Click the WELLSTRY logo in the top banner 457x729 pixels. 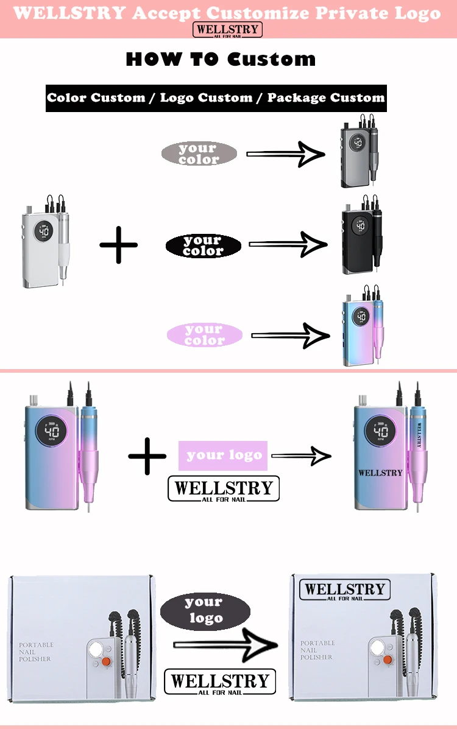pos(227,29)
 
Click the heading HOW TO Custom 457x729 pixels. pos(221,60)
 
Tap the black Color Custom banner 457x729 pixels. pos(216,98)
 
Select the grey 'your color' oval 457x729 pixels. pos(199,153)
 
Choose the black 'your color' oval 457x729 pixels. pos(203,246)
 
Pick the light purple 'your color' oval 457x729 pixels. pos(204,334)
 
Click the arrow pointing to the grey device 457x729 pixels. pos(285,154)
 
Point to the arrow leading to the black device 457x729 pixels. pos(288,245)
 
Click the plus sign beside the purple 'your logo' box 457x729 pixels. pos(147,455)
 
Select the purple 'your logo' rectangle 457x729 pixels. pos(223,455)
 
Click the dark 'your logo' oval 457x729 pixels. pos(205,610)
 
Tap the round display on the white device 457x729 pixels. pos(44,231)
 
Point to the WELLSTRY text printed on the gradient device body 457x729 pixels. pos(380,473)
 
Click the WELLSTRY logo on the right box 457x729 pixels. pos(345,590)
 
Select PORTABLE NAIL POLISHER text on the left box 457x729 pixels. pos(36,652)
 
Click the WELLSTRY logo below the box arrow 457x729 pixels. pos(220,682)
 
